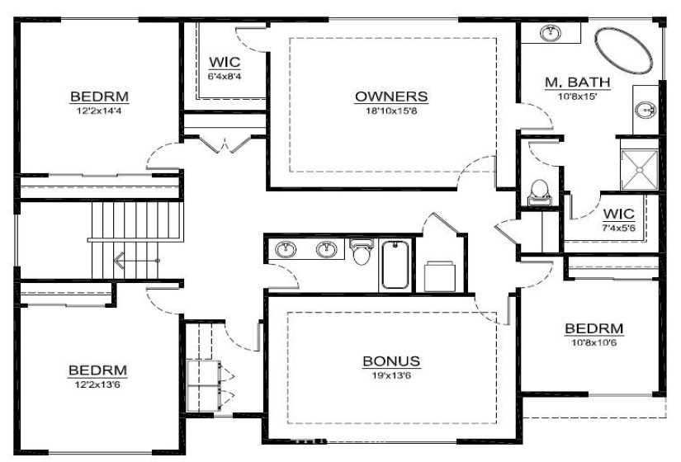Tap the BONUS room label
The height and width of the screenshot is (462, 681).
(x=391, y=361)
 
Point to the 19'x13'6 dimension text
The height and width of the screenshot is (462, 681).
(x=391, y=375)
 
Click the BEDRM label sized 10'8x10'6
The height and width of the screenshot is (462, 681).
(x=594, y=329)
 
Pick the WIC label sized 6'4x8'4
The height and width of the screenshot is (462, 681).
(x=225, y=61)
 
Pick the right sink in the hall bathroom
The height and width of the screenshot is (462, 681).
(x=327, y=248)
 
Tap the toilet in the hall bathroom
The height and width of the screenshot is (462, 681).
(x=362, y=252)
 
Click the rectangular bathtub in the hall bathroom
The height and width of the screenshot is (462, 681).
(x=396, y=264)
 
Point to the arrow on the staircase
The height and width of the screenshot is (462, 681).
(x=121, y=263)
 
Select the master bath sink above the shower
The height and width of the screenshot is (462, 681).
(x=646, y=109)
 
